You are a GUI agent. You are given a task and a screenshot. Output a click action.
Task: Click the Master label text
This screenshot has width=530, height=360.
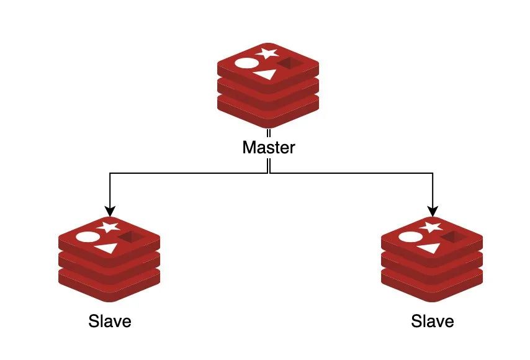click(x=268, y=148)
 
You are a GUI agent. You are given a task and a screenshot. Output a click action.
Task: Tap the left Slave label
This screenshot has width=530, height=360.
click(x=110, y=322)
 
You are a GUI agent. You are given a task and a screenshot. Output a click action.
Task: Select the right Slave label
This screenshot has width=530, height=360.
click(x=432, y=322)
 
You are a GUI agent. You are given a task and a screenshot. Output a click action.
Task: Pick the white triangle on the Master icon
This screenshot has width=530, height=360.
click(x=266, y=75)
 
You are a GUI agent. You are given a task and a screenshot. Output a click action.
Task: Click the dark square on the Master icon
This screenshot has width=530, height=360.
click(x=289, y=64)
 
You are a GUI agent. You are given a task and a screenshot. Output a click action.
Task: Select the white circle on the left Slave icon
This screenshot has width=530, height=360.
click(x=87, y=236)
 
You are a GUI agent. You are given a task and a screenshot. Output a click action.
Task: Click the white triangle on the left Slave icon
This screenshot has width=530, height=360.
click(x=107, y=248)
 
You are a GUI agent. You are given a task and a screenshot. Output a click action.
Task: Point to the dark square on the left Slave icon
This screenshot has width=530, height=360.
click(x=130, y=237)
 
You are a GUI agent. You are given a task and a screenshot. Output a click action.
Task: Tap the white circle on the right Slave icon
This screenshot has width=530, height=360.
click(x=410, y=236)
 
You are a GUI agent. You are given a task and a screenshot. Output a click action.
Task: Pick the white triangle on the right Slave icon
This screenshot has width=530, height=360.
click(x=429, y=248)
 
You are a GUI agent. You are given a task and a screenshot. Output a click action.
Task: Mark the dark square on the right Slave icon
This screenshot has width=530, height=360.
click(x=452, y=237)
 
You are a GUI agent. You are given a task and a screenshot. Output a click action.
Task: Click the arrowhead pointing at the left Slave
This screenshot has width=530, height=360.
click(x=110, y=209)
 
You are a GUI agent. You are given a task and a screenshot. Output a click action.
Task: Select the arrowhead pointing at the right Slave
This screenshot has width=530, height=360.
click(x=432, y=209)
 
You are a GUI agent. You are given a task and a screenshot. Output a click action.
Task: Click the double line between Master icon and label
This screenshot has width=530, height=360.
click(x=268, y=134)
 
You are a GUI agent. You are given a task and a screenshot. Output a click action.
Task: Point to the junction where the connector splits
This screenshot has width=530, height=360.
click(x=268, y=173)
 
